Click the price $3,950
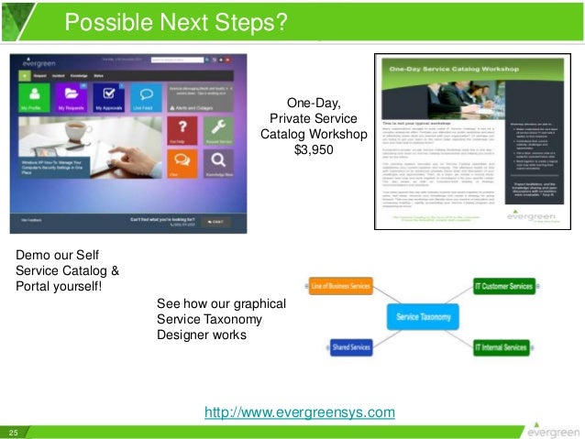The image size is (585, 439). tap(313, 151)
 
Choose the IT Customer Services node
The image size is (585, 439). tap(502, 287)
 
